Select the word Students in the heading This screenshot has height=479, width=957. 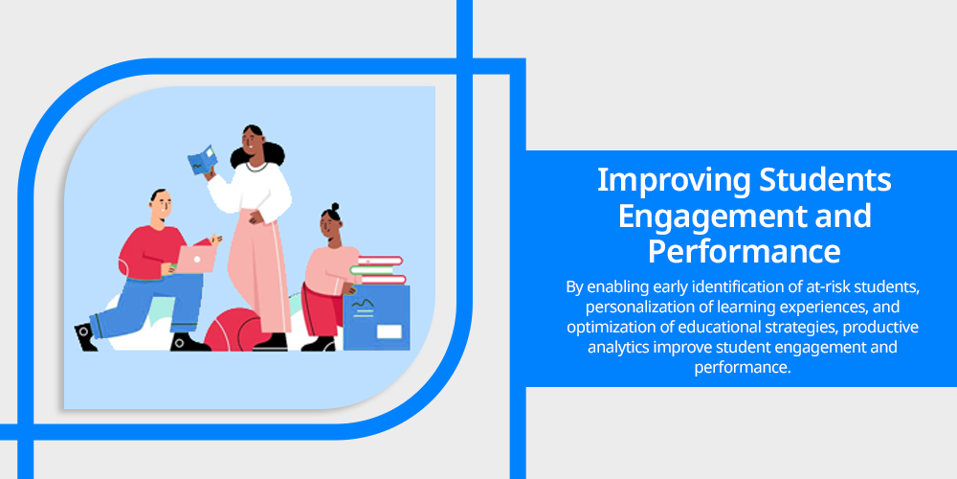(825, 180)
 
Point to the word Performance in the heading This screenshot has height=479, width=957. (744, 251)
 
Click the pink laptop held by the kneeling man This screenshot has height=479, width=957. (195, 259)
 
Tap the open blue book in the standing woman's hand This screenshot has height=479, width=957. (202, 160)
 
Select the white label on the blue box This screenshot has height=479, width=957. (389, 331)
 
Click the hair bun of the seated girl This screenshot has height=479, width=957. (335, 207)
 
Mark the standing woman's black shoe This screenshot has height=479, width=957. (271, 342)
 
